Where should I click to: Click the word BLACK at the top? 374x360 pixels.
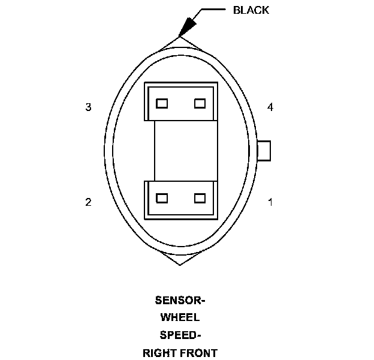251,10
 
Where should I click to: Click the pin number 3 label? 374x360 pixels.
88,107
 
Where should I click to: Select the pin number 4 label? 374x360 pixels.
270,107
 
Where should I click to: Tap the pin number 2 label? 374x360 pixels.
88,202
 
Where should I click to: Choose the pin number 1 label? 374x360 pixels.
270,202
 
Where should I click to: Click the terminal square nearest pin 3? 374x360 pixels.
161,103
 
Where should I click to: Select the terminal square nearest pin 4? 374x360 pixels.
200,103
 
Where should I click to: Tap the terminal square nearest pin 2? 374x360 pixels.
161,198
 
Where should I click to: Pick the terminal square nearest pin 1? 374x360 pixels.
200,198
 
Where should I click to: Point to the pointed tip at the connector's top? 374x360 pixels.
180,37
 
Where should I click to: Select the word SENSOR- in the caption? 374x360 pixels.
180,300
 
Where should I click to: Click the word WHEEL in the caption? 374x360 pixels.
180,317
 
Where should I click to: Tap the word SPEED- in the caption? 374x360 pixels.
180,335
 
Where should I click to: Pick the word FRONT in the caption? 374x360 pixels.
200,353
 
